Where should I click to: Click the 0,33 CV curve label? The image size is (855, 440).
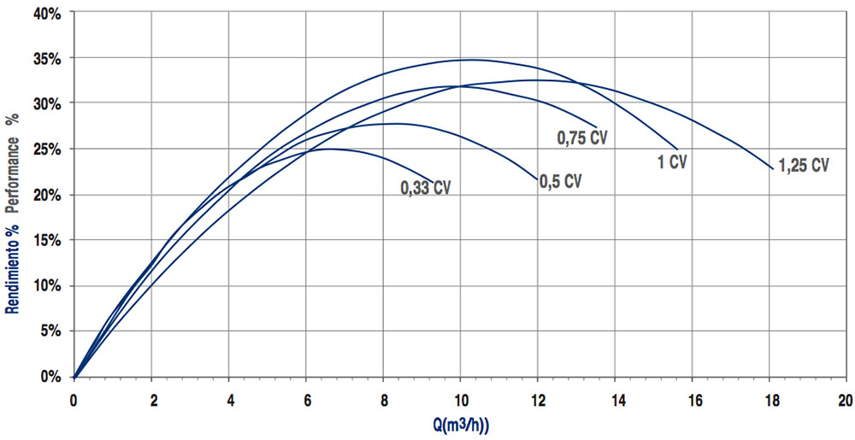pos(425,188)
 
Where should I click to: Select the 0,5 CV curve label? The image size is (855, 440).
pos(561,181)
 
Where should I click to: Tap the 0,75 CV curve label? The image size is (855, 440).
pos(582,137)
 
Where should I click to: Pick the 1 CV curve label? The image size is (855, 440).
pos(672,162)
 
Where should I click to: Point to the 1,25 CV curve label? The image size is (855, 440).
pos(803,165)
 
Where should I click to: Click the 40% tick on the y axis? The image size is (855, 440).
pos(45,13)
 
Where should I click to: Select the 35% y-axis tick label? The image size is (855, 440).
pos(45,58)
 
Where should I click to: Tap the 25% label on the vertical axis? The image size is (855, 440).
pos(45,150)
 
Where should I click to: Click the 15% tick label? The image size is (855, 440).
pos(45,240)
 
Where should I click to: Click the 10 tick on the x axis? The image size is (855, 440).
pos(460,400)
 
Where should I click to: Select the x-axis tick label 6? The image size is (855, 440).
pos(306,400)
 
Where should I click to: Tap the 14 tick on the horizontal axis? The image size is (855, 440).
pos(615,400)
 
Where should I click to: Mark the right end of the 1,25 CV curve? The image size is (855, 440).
pos(773,169)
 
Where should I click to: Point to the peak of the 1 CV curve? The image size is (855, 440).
pos(469,60)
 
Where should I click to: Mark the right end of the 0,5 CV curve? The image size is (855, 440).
pos(538,179)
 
